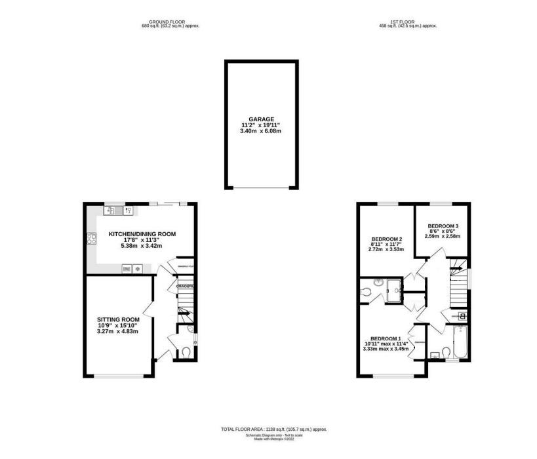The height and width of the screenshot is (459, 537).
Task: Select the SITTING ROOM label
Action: click(115, 319)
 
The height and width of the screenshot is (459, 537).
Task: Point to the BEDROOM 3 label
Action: click(441, 224)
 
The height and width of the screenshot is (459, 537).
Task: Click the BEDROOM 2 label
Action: click(387, 238)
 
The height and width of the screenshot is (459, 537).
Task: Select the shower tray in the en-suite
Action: click(395, 288)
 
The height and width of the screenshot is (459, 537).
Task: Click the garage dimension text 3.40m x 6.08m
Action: click(261, 131)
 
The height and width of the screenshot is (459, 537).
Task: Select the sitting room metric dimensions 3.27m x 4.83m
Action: click(115, 332)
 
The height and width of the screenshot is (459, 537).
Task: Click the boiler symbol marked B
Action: click(463, 316)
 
